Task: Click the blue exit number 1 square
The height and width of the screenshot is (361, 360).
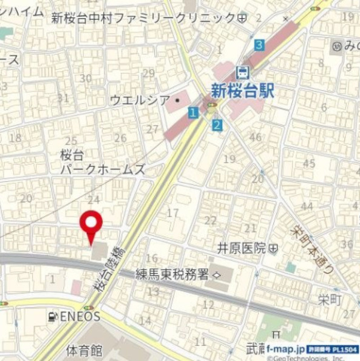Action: pyautogui.click(x=192, y=112)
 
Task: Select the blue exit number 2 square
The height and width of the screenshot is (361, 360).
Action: pyautogui.click(x=217, y=125)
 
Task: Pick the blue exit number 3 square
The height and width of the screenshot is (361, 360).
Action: pyautogui.click(x=259, y=45)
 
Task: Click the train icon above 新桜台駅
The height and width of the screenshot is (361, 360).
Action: pyautogui.click(x=243, y=72)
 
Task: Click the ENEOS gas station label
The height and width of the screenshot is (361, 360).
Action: pyautogui.click(x=79, y=316)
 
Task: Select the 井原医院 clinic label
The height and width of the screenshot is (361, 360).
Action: pyautogui.click(x=242, y=248)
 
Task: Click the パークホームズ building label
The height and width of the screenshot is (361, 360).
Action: pyautogui.click(x=103, y=170)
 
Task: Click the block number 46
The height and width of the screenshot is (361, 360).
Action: pyautogui.click(x=255, y=137)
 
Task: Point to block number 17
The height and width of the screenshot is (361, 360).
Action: pyautogui.click(x=173, y=213)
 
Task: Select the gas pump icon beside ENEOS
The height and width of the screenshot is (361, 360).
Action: pyautogui.click(x=54, y=316)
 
